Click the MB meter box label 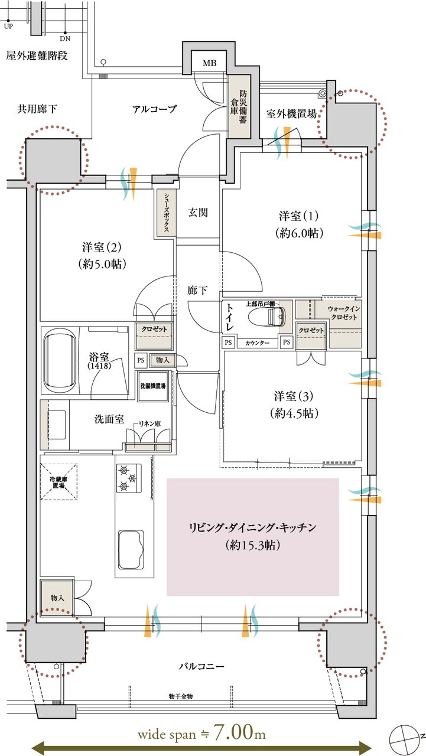209,63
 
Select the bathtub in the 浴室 60,360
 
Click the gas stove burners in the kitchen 129,478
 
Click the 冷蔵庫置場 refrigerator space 58,481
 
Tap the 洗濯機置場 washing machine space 153,386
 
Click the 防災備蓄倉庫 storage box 239,106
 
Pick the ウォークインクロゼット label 344,313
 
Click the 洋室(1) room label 299,216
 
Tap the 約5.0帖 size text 102,264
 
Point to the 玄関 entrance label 198,212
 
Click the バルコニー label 201,667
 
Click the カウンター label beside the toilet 257,343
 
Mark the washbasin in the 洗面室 57,425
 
